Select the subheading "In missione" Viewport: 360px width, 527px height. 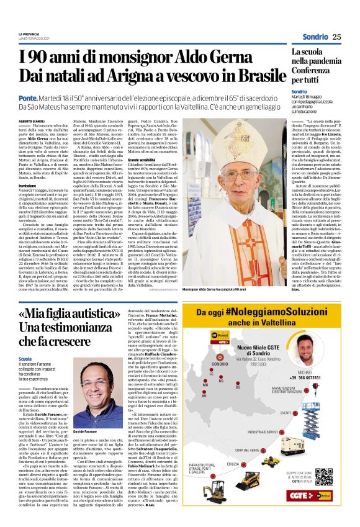tap(27, 185)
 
